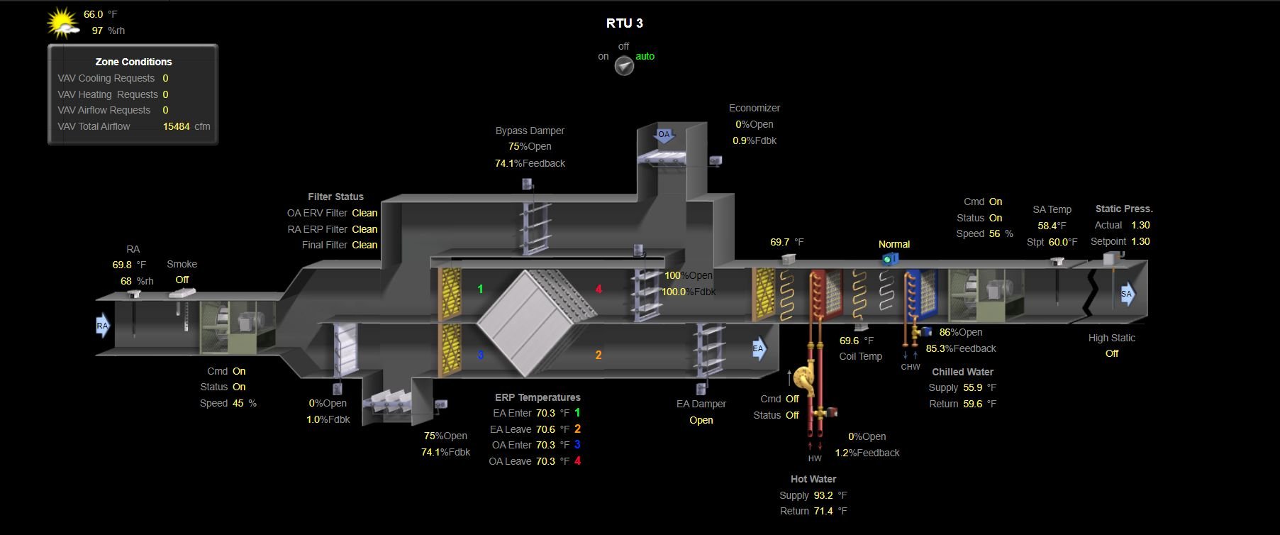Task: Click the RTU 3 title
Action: coord(624,23)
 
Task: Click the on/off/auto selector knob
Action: coord(624,67)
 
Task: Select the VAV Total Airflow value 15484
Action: coord(177,126)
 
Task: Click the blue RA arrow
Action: coord(103,326)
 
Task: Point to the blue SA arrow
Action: coord(1128,294)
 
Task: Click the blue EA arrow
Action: coord(759,348)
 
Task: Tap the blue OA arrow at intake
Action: coord(664,135)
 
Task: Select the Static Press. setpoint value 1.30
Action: coord(1140,241)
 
